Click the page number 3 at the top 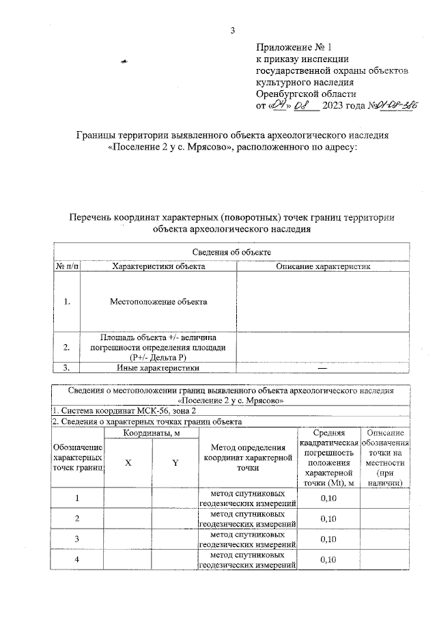click(232, 30)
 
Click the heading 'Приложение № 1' click(293, 48)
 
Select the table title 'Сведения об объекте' click(231, 253)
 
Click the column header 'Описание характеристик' click(323, 266)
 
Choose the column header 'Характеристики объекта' click(158, 266)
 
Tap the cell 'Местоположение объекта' click(158, 301)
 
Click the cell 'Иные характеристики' click(158, 367)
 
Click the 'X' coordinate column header click(128, 463)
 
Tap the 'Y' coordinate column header click(175, 463)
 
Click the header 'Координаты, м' click(151, 434)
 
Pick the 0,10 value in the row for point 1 click(329, 498)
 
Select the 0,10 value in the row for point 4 click(329, 560)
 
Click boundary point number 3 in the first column click(77, 539)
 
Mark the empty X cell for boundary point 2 click(128, 518)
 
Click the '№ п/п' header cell click(67, 266)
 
